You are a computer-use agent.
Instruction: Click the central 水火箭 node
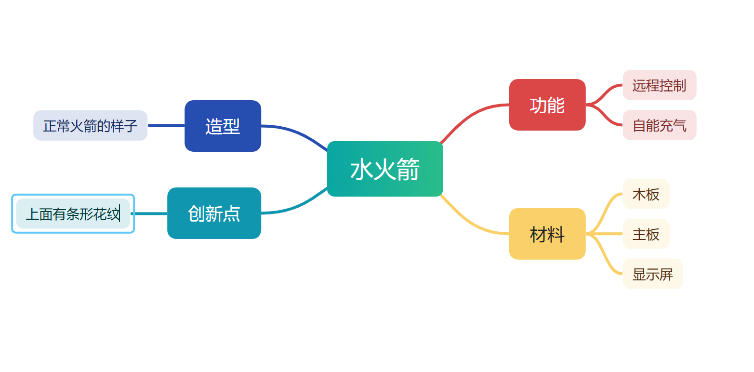[x=385, y=169]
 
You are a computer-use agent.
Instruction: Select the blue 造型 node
[x=223, y=126]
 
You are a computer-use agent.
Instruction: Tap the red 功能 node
[x=547, y=105]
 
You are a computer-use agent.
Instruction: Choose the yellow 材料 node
[x=547, y=234]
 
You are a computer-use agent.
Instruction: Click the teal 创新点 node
[x=214, y=213]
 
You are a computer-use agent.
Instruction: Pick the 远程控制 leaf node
[x=660, y=85]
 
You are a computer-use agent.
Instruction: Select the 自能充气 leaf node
[x=660, y=125]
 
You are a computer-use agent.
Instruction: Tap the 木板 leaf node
[x=646, y=194]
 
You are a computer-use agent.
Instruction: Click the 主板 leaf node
[x=646, y=234]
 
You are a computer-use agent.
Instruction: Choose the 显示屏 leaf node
[x=653, y=274]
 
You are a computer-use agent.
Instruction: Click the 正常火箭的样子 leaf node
[x=90, y=125]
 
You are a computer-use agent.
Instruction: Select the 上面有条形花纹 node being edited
[x=73, y=213]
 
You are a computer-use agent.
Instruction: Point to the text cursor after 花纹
[x=120, y=213]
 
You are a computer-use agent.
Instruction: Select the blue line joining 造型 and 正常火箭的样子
[x=166, y=126]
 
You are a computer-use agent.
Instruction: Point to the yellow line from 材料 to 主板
[x=605, y=234]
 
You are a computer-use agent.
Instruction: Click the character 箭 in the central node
[x=408, y=169]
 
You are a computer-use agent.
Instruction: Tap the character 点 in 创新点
[x=232, y=214]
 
